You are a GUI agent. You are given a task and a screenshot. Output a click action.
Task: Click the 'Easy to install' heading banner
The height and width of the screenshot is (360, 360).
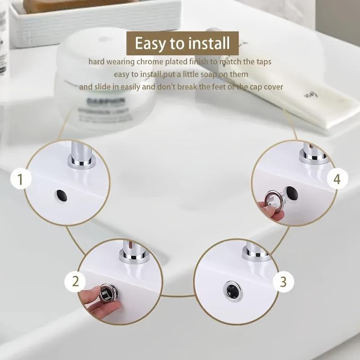182,43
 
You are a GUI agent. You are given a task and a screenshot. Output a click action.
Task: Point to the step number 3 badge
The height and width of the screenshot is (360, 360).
283,282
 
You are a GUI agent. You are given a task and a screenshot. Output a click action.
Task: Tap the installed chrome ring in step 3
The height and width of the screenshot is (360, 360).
233,290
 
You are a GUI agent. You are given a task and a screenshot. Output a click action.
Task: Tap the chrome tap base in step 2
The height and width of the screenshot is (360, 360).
134,256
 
